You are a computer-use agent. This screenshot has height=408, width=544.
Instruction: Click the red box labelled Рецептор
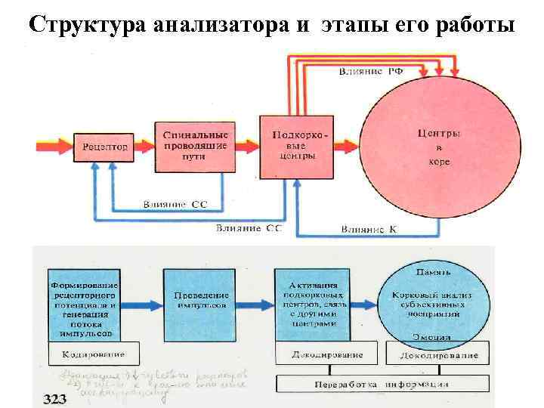tap(104, 146)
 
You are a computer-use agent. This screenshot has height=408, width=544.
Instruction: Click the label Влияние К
tap(368, 228)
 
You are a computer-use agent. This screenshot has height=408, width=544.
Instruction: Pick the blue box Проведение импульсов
tap(199, 301)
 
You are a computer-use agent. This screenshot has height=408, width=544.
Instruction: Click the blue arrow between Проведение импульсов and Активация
tap(254, 301)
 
